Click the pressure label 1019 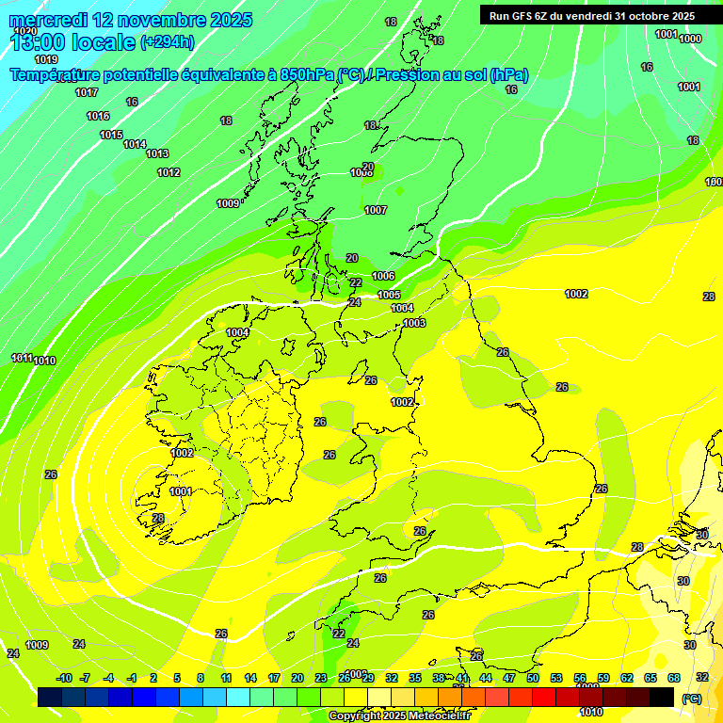[x=45, y=59]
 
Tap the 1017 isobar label [x=87, y=92]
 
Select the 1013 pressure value [x=157, y=153]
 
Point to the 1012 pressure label [x=169, y=172]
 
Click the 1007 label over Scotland [x=376, y=210]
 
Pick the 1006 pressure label [x=383, y=276]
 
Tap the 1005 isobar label [x=389, y=295]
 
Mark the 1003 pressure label [x=414, y=323]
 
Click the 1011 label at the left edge [x=21, y=358]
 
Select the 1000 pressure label [x=690, y=39]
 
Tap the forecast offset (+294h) [x=168, y=41]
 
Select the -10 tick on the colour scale [x=63, y=678]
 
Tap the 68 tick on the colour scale [x=674, y=678]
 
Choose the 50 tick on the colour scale [x=533, y=678]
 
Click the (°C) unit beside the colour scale [x=692, y=698]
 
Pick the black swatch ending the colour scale [x=662, y=697]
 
